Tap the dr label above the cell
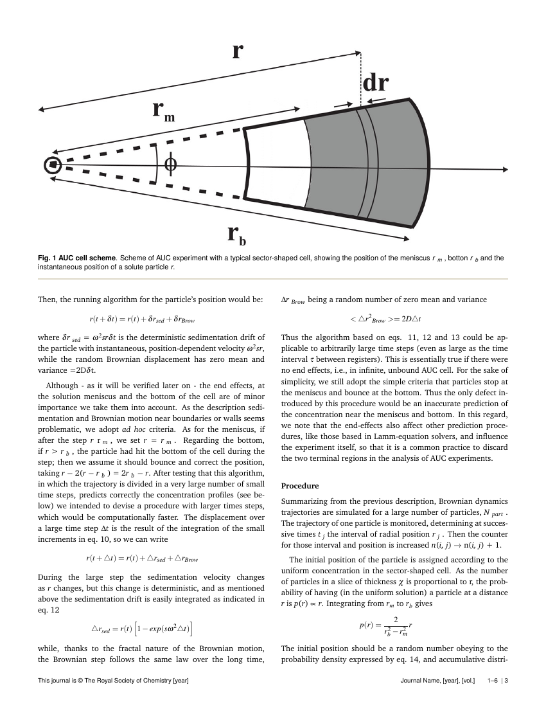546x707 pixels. [x=376, y=84]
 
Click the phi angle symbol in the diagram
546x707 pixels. [x=170, y=165]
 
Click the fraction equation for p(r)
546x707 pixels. [x=385, y=623]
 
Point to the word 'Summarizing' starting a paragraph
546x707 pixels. [x=306, y=501]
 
